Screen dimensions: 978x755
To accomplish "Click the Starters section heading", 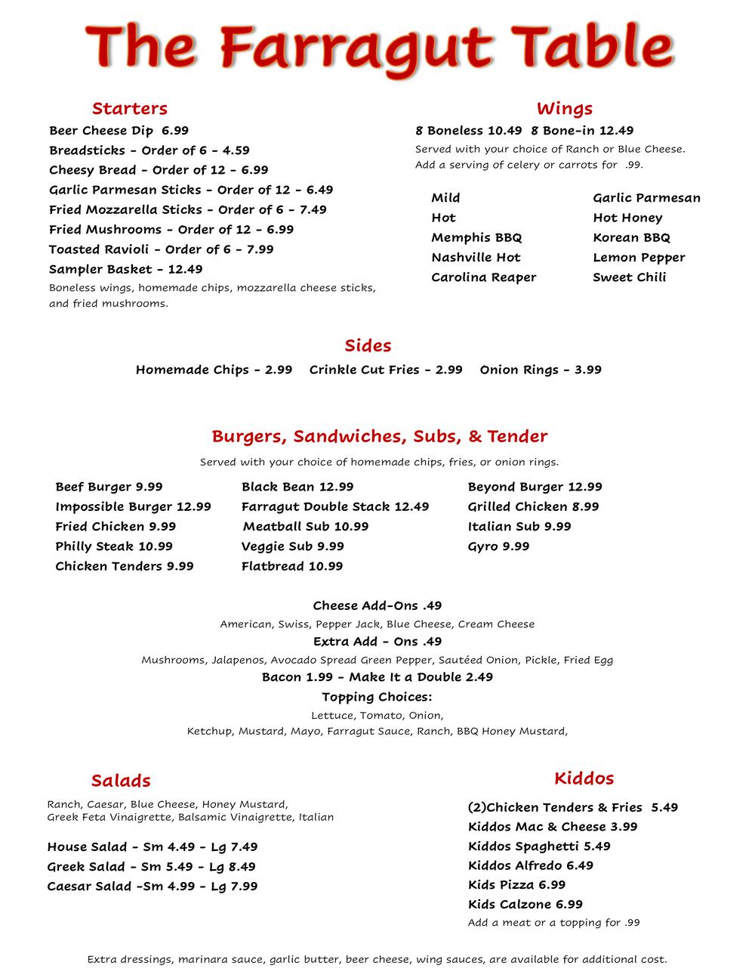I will [129, 109].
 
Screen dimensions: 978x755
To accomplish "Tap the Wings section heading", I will [564, 109].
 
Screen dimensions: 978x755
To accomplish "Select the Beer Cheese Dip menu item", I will [119, 131].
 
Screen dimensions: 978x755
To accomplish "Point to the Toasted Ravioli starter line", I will [161, 249].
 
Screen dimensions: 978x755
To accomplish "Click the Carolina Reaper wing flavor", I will [483, 277].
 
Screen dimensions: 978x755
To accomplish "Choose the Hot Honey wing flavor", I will [627, 218].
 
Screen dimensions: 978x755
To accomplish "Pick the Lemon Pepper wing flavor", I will [639, 258].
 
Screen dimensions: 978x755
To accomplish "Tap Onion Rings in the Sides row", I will [541, 370].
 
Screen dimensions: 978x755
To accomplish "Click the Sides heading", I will [368, 346].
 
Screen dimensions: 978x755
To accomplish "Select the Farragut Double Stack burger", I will [334, 507].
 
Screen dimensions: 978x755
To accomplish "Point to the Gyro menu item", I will [498, 546].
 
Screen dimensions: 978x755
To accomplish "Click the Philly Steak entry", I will [113, 546].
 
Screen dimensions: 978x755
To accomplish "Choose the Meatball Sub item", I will [305, 527].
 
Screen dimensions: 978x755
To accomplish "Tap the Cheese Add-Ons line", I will [377, 606].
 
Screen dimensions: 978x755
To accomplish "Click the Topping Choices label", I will [377, 697].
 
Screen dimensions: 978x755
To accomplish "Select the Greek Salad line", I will [151, 867].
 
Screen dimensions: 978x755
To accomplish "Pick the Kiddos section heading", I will [584, 778].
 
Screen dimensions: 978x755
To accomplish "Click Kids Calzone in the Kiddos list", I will [525, 905].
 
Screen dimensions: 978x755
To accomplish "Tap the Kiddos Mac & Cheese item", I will [552, 827].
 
